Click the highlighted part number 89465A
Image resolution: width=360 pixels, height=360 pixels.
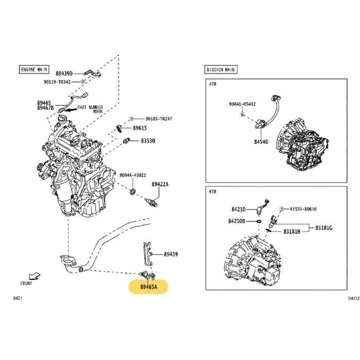(148, 286)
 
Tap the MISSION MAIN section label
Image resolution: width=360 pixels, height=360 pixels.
(221, 69)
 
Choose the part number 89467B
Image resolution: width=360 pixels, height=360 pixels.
(45, 108)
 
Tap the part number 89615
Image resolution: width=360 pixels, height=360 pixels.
(140, 128)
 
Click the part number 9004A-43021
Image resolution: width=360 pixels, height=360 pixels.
(133, 175)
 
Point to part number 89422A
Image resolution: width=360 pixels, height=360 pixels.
(160, 184)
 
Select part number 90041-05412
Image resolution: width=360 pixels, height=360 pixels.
(242, 104)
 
